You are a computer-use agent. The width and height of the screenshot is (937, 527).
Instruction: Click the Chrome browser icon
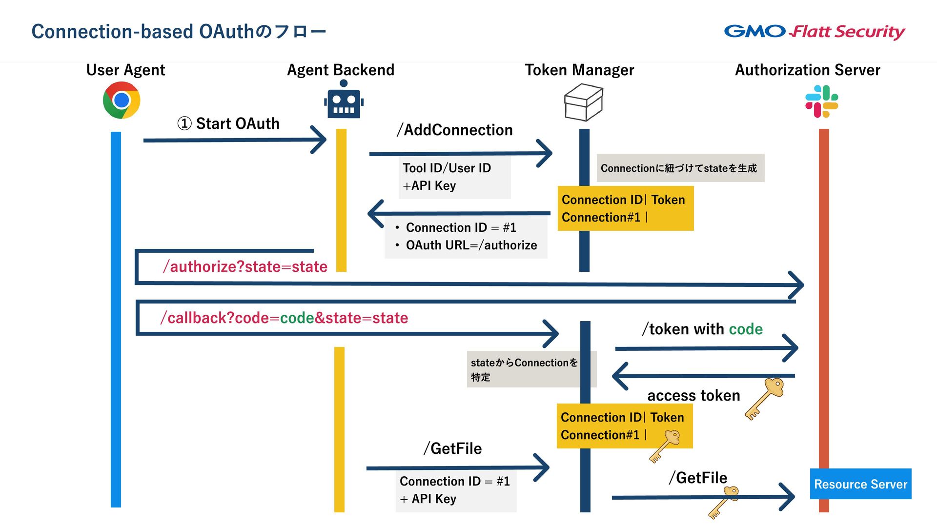(x=122, y=100)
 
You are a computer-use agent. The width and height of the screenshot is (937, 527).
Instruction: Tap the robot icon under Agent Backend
(x=344, y=101)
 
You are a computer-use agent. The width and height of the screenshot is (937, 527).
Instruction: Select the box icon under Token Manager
(x=583, y=102)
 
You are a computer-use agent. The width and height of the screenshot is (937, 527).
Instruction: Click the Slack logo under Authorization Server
(x=821, y=101)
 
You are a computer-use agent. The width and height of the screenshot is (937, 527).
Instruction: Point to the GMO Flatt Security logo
(x=814, y=32)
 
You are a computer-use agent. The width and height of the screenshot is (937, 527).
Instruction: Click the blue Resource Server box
(x=860, y=484)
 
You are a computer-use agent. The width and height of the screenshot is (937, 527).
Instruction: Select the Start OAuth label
(x=228, y=124)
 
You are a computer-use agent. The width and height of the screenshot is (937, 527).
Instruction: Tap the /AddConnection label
(x=454, y=130)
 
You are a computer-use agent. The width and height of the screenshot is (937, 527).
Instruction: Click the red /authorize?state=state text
(x=245, y=267)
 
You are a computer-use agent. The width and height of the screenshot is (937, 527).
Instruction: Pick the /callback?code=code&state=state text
(x=284, y=318)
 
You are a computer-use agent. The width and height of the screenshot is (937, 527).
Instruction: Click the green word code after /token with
(x=745, y=329)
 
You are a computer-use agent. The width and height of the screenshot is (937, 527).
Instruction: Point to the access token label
(x=693, y=395)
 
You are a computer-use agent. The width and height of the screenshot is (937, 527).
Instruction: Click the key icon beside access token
(x=764, y=398)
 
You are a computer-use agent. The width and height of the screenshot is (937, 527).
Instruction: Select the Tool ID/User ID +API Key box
(x=454, y=177)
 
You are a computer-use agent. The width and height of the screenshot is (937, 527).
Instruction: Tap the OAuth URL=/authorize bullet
(x=471, y=245)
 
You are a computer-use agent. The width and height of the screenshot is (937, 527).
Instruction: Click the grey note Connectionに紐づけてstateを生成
(x=680, y=168)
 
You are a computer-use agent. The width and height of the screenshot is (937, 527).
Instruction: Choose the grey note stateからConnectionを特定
(x=525, y=369)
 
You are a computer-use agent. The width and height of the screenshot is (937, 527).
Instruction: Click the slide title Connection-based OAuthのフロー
(x=179, y=32)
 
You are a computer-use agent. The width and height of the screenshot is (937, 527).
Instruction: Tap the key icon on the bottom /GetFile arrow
(x=724, y=502)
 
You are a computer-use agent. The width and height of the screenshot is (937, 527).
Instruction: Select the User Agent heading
(x=125, y=70)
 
